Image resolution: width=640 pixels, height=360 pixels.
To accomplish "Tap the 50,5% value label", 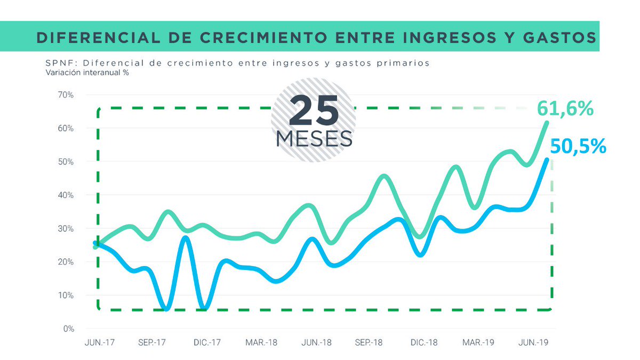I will tap(578, 146).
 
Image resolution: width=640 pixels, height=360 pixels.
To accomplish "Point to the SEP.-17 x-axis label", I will tap(152, 342).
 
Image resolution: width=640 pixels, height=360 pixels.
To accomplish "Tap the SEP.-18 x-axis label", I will tap(369, 342).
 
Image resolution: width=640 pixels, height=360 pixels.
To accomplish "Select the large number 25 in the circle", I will tap(314, 111).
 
